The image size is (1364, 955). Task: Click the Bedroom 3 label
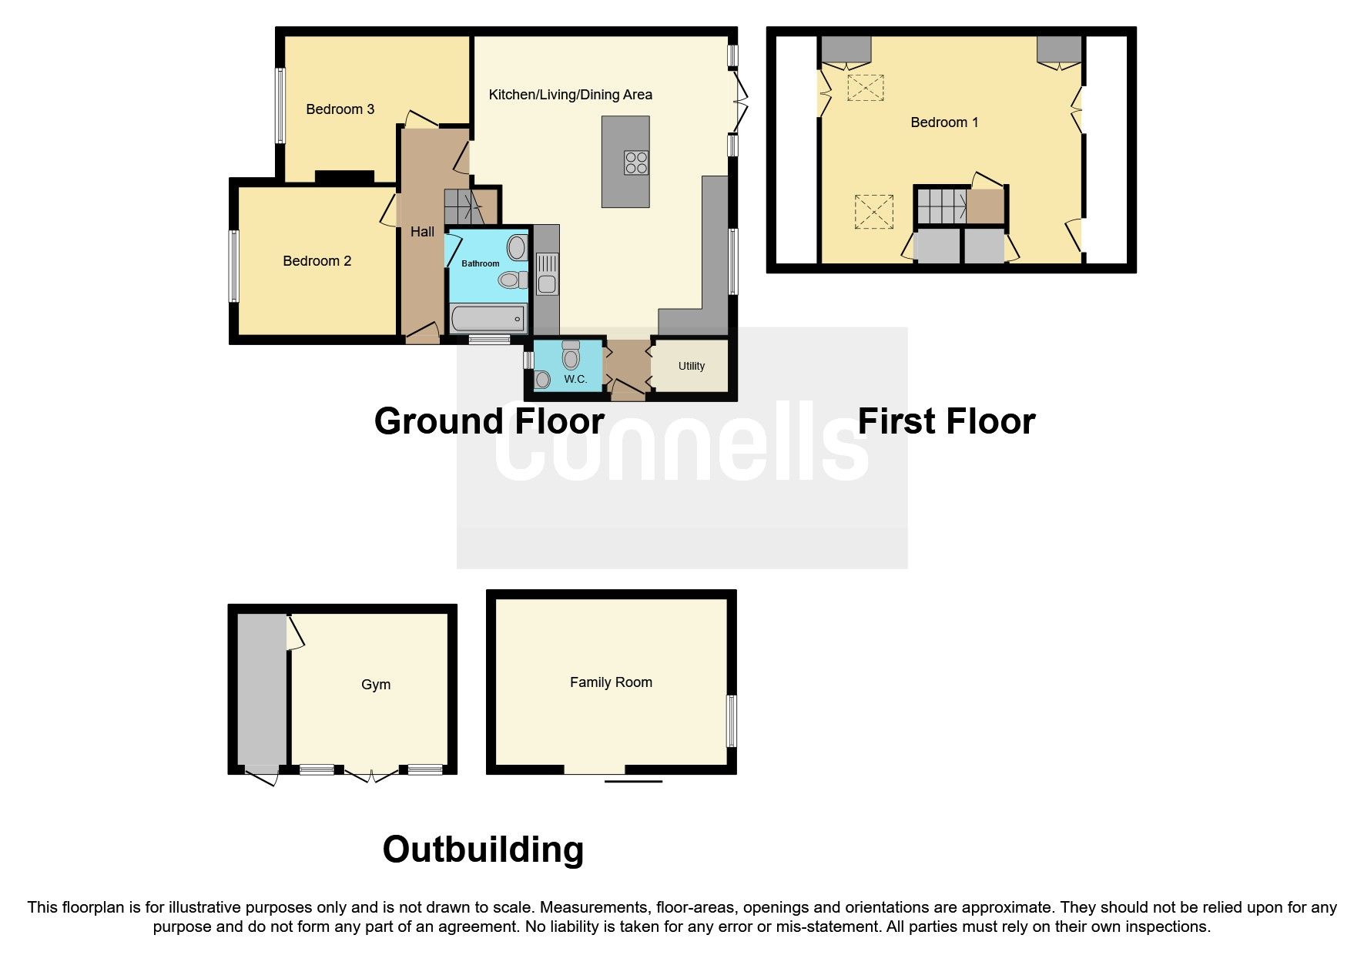click(340, 109)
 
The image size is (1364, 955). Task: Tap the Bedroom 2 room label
click(317, 261)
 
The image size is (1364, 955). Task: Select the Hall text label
click(422, 232)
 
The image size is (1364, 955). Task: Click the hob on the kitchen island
click(636, 163)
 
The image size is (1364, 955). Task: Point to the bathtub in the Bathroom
click(487, 318)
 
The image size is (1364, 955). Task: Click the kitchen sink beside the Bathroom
click(547, 273)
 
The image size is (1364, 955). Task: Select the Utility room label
click(692, 366)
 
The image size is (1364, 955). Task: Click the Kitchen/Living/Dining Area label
click(571, 95)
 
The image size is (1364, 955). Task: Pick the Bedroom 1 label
click(944, 122)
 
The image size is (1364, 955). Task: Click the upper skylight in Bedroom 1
click(866, 88)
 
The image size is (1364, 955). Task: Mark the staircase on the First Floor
click(940, 206)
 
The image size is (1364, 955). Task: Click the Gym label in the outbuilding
click(376, 685)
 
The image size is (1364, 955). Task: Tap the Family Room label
click(611, 682)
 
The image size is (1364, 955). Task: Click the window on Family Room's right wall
click(732, 721)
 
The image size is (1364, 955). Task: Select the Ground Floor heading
click(489, 421)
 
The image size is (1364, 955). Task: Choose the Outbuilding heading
click(483, 849)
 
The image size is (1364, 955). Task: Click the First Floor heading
click(947, 421)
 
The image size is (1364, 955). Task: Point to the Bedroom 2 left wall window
click(233, 266)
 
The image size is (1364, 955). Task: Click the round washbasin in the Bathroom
click(516, 248)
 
